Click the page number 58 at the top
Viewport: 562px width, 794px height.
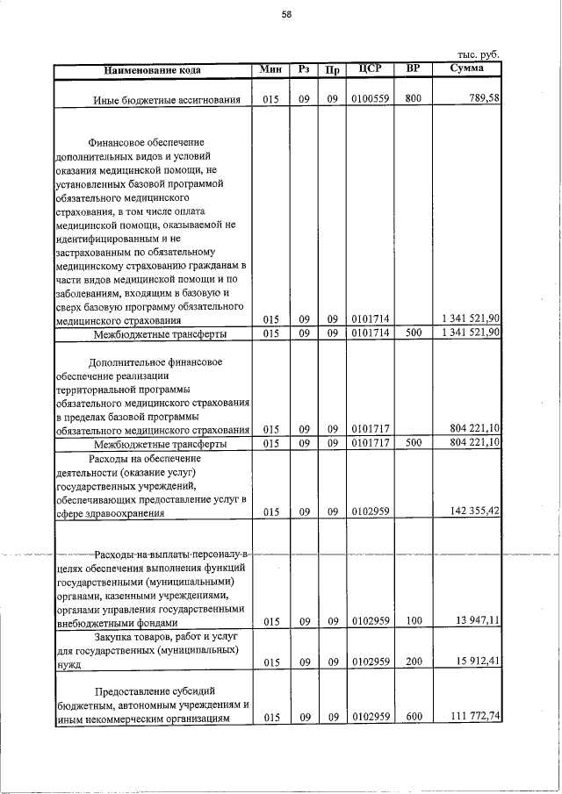286,13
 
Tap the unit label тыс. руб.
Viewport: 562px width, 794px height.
479,54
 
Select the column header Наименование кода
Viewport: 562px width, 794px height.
152,69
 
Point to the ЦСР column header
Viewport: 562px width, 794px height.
368,68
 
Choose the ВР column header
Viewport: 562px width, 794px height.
412,68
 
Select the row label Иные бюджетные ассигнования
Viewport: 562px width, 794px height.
167,100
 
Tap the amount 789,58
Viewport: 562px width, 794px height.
482,99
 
